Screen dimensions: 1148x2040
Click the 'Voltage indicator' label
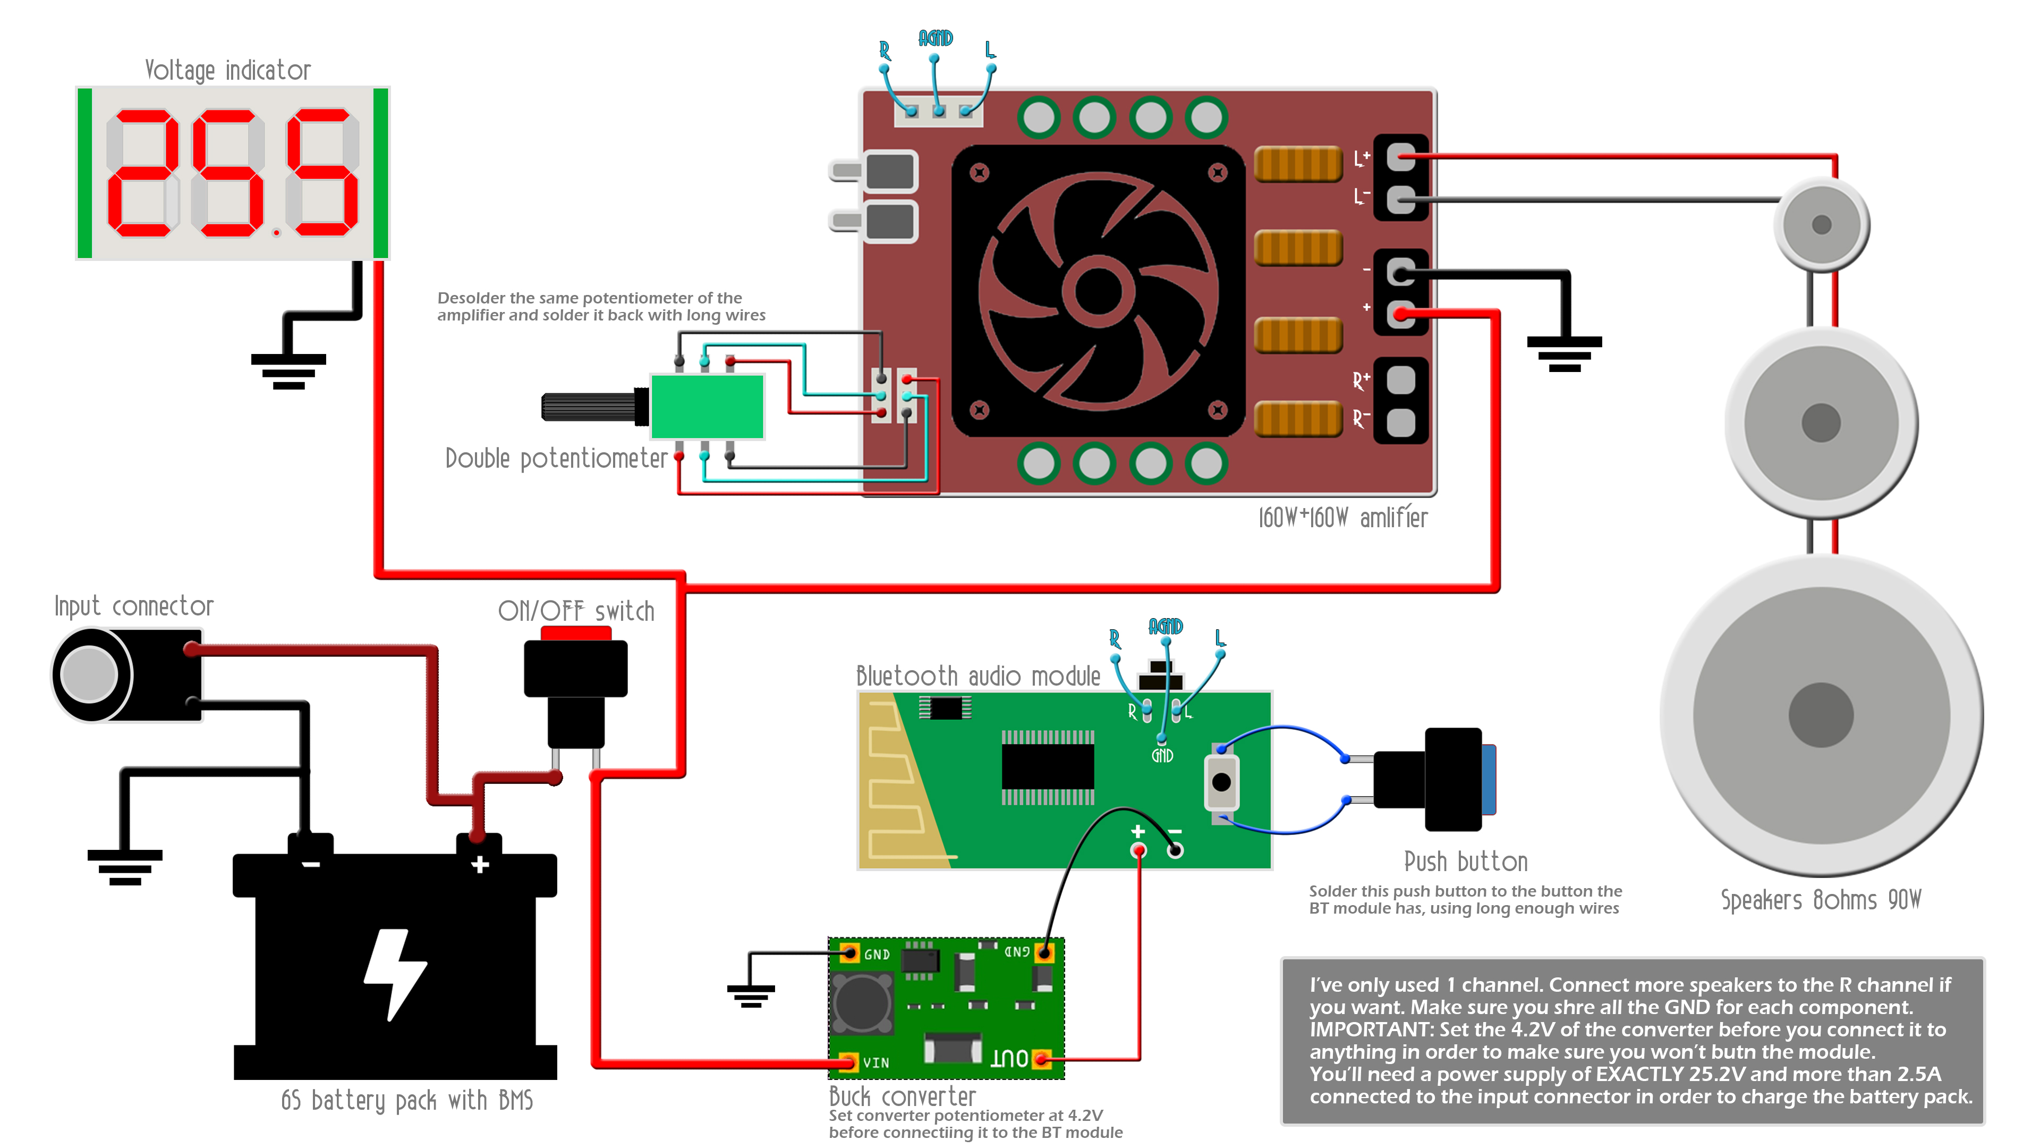coord(227,71)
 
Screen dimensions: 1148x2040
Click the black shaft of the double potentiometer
coord(590,407)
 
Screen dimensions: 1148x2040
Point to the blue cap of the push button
coord(1489,780)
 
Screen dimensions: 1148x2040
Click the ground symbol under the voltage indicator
coord(288,371)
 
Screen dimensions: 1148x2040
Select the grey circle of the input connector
coord(89,674)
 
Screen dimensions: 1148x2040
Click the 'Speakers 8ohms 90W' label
coord(1821,900)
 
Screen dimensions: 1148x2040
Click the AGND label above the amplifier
coord(935,38)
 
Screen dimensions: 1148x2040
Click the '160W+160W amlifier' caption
coord(1343,518)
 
